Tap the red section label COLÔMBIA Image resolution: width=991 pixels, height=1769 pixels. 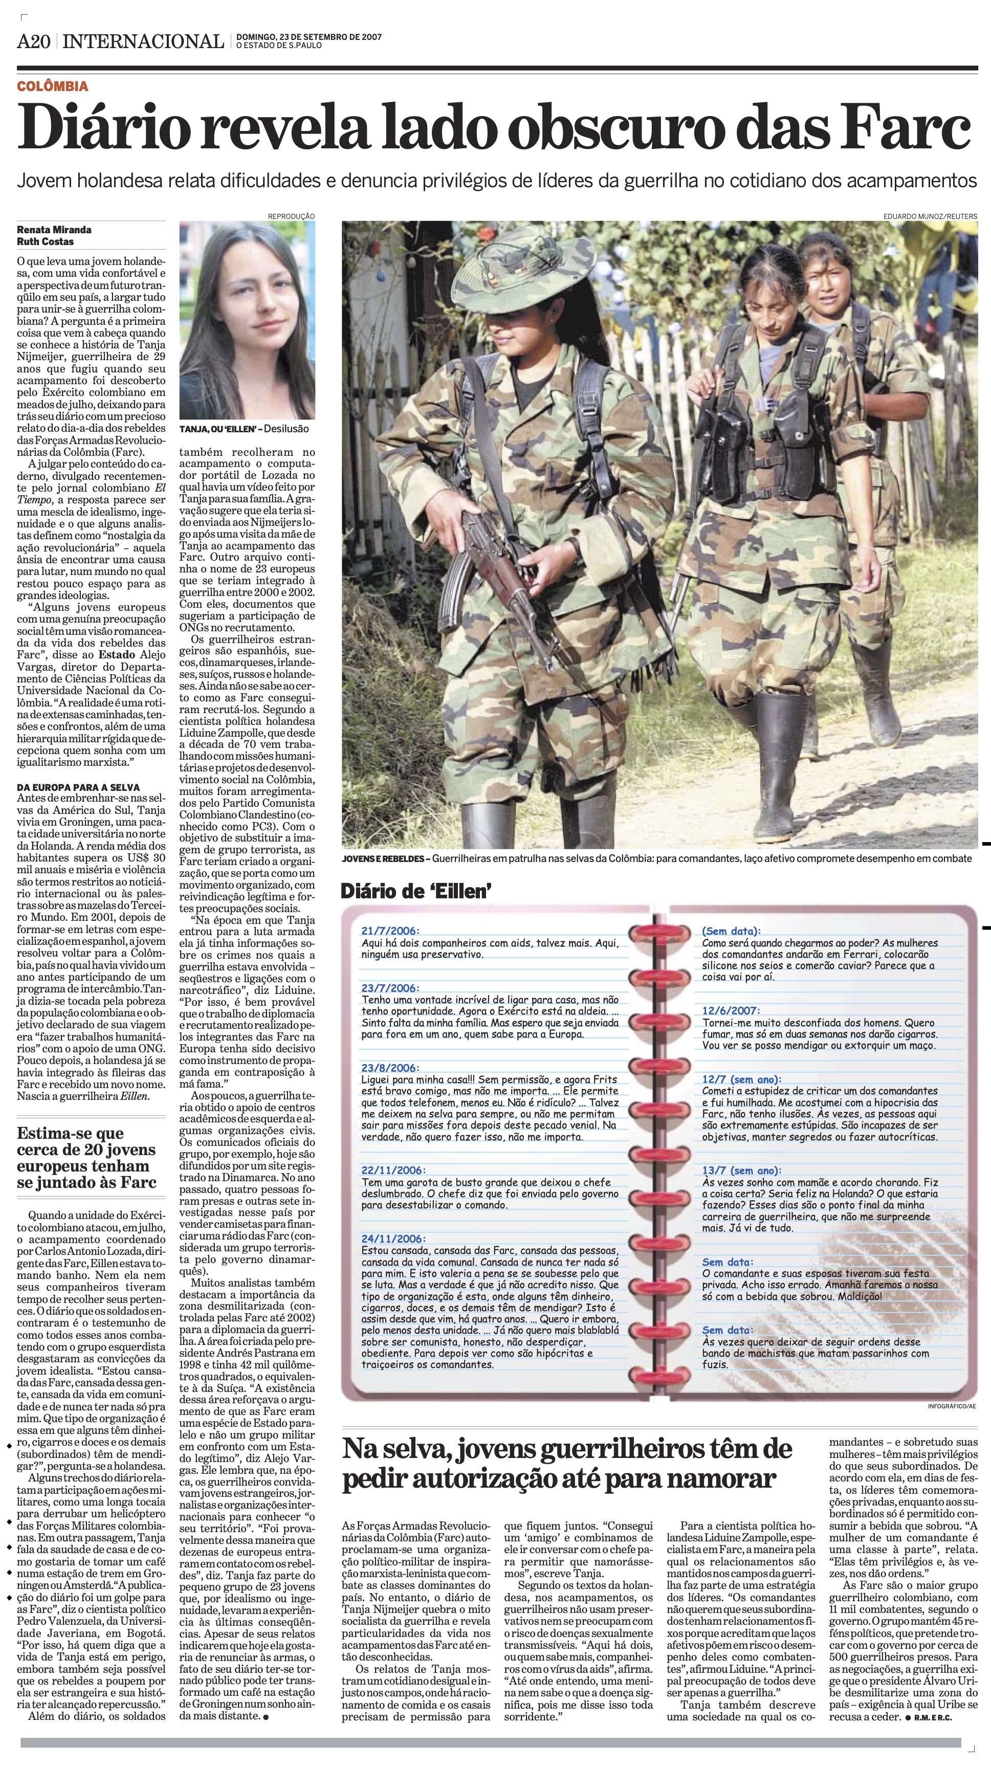[53, 86]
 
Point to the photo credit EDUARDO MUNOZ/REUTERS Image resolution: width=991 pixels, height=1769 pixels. [930, 216]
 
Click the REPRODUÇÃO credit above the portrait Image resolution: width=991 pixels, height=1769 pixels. [291, 216]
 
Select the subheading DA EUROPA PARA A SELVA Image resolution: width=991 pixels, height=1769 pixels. [78, 788]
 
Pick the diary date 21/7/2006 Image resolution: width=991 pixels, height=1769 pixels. [389, 931]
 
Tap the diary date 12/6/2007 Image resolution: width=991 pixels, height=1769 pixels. [731, 1011]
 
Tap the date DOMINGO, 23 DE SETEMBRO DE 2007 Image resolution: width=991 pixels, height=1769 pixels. [309, 37]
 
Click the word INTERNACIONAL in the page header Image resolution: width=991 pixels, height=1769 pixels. [143, 42]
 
